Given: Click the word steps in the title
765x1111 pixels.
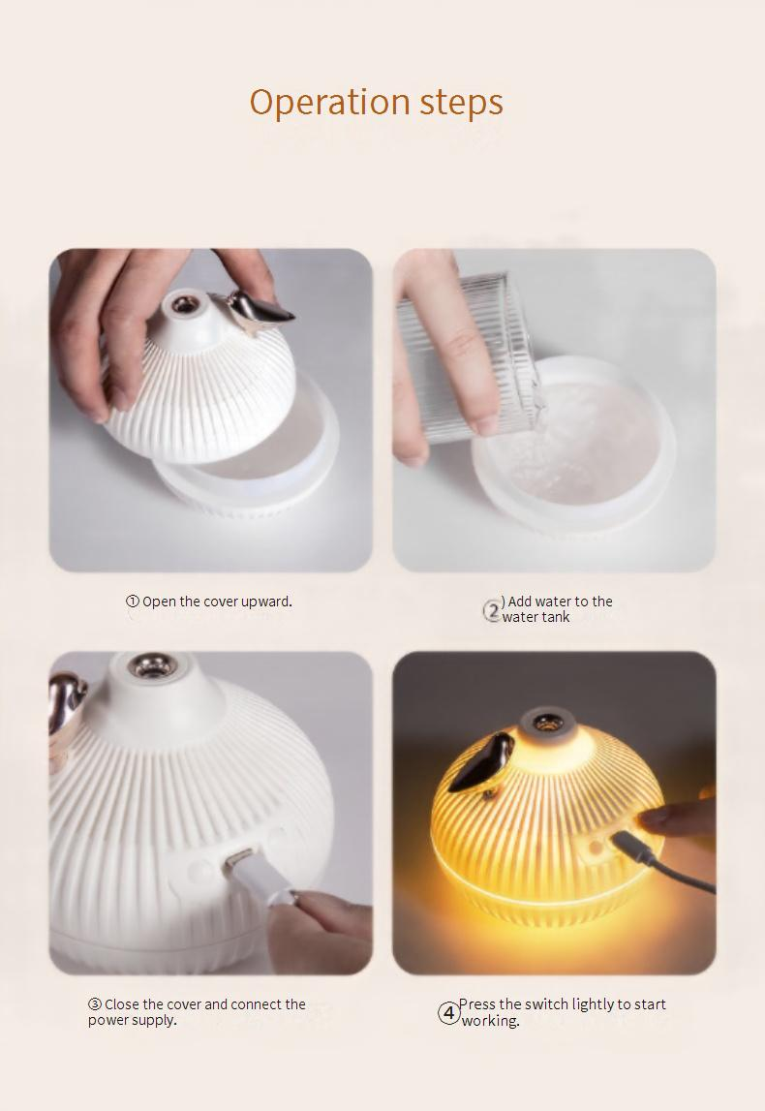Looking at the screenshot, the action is coord(462,103).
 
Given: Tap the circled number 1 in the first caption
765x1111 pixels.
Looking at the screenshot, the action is coord(133,602).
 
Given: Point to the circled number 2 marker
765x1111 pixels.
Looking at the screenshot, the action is coord(492,610).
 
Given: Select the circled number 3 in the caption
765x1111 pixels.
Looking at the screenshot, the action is coord(95,1004).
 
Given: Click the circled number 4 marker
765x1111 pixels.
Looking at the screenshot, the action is coord(448,1012).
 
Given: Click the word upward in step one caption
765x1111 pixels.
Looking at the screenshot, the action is coord(265,602).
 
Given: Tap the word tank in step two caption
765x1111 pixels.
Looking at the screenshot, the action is coord(556,617).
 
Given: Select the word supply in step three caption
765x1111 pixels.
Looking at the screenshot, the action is coord(154,1021).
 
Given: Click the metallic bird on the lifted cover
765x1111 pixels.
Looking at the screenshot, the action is coord(258,310).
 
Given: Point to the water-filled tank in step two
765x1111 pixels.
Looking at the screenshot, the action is coord(571,442).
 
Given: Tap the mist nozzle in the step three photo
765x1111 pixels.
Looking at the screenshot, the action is coord(151,666).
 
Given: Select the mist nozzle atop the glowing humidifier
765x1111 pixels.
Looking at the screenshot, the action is coord(544,724).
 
